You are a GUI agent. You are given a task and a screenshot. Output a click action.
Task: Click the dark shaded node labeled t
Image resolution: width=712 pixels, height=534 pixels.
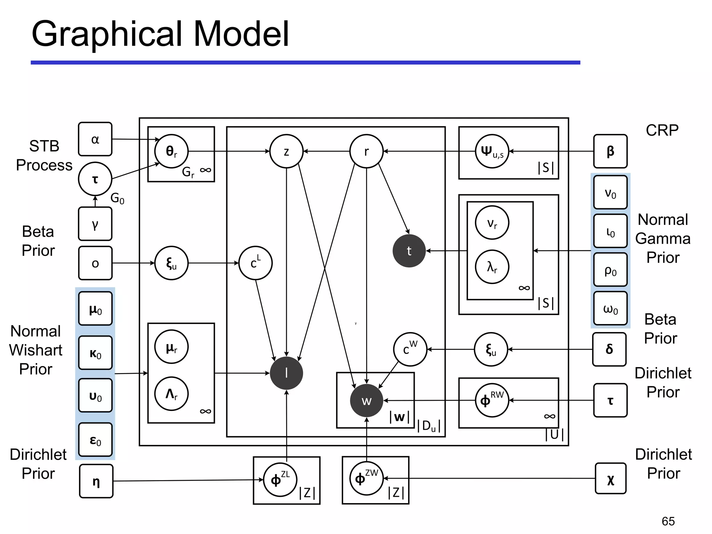(x=409, y=251)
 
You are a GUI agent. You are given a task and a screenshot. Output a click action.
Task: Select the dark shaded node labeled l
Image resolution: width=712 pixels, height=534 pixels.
(x=286, y=373)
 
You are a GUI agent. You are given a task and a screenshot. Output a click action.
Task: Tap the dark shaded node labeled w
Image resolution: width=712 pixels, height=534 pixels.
(x=366, y=400)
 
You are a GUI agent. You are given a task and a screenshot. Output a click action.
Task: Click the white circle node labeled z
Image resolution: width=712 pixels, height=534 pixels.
(x=286, y=151)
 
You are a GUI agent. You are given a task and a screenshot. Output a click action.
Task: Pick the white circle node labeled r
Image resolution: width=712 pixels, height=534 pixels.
(x=366, y=151)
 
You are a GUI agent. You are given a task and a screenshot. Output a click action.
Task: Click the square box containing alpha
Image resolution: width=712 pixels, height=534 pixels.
(x=95, y=139)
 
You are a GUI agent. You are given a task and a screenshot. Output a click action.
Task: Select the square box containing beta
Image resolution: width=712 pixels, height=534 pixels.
(x=610, y=151)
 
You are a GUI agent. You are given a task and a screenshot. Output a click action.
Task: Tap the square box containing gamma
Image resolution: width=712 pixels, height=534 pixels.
(x=95, y=224)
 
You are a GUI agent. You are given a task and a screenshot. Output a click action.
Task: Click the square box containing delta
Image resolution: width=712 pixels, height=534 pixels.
(x=609, y=349)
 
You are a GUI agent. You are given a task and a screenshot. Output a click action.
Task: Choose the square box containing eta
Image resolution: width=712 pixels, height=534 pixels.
(x=96, y=481)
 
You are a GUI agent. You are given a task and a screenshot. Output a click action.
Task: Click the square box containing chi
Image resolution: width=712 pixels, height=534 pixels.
(x=610, y=478)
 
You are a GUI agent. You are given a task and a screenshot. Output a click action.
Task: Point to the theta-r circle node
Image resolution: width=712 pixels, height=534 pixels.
(x=171, y=151)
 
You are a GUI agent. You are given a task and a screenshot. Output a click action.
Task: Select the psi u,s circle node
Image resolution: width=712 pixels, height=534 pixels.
(x=492, y=151)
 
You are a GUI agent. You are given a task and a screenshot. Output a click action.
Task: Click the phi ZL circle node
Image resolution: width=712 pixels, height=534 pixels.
(x=280, y=480)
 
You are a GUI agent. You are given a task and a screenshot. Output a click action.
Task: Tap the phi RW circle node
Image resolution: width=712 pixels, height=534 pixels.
(x=492, y=400)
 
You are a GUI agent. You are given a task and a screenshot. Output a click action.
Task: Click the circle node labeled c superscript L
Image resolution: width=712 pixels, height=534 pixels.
(x=256, y=263)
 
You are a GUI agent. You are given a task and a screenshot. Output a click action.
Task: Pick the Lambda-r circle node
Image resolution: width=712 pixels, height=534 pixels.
(x=171, y=394)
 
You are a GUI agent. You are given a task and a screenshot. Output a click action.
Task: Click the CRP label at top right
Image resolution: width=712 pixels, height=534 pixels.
(x=662, y=130)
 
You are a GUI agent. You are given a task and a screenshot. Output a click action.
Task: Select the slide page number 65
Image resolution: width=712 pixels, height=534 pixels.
(x=668, y=521)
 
